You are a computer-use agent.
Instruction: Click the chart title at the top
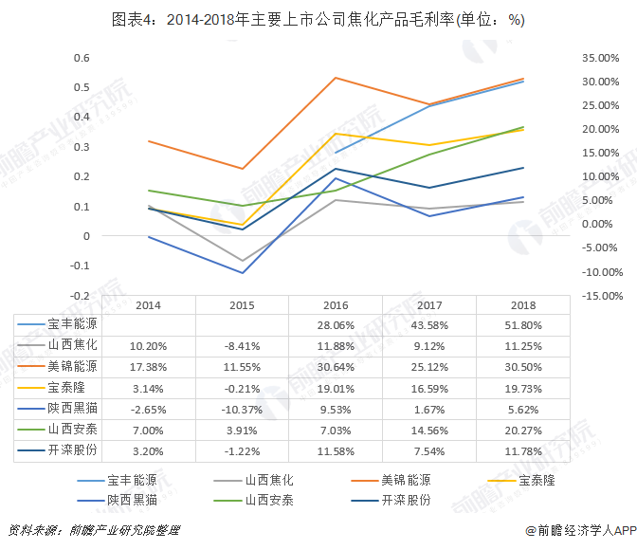point(318,19)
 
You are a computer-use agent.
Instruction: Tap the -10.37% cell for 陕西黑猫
point(241,410)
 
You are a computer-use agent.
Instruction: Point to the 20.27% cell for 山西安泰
point(523,431)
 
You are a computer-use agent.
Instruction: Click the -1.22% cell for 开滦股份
point(241,452)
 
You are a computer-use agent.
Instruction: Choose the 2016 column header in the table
point(336,305)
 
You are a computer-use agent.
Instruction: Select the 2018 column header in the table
point(523,305)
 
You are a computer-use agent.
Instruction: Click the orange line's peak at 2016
point(336,78)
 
